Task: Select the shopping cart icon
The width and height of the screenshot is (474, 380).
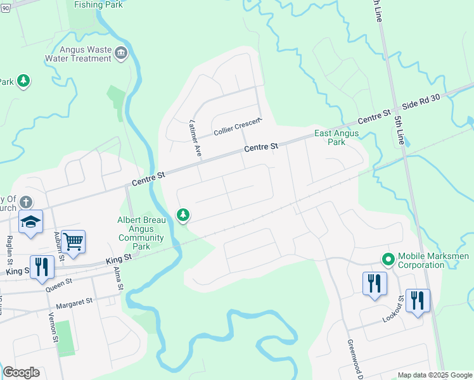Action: click(x=74, y=241)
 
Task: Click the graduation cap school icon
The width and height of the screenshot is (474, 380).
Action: click(x=30, y=222)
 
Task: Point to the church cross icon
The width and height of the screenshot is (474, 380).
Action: click(x=25, y=202)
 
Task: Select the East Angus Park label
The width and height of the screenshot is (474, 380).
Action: click(x=336, y=137)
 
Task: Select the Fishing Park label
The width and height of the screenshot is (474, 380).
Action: click(x=98, y=4)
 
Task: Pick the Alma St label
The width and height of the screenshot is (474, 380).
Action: click(x=117, y=279)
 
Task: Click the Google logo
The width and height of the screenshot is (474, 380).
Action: click(x=21, y=372)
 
